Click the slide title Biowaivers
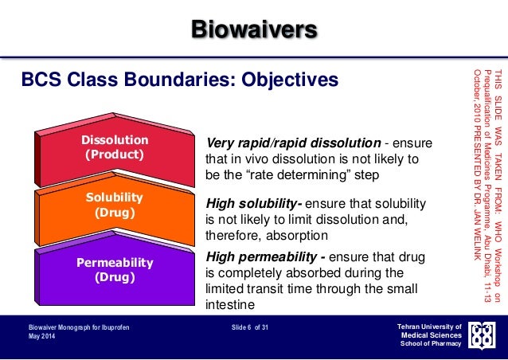(x=254, y=31)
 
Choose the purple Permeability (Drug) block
(x=115, y=269)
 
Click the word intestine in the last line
(x=231, y=304)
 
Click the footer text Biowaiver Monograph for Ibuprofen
(x=79, y=327)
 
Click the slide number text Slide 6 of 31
(x=250, y=327)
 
